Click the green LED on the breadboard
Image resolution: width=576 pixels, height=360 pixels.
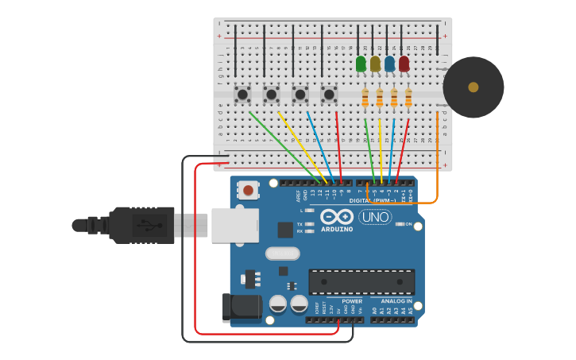(x=361, y=64)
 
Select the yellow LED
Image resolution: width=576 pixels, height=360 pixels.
(x=375, y=64)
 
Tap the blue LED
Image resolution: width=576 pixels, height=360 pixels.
(x=389, y=64)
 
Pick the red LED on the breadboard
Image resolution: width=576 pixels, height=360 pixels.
(x=404, y=64)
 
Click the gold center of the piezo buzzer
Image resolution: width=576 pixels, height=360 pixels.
(x=474, y=87)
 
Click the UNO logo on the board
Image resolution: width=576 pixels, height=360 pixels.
(x=375, y=217)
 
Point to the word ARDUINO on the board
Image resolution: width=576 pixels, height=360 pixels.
(x=337, y=229)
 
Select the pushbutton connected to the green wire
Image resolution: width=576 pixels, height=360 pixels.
(x=243, y=95)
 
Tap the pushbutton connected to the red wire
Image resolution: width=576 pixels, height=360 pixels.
(x=329, y=95)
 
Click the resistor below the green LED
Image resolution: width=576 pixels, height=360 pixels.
(x=365, y=98)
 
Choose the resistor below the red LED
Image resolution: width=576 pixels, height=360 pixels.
(x=408, y=98)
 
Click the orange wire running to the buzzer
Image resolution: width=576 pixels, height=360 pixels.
(x=437, y=159)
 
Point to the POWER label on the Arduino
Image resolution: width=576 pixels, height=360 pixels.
(x=352, y=301)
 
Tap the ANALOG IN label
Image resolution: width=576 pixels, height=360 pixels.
(x=396, y=301)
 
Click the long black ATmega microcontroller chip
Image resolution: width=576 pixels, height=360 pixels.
(x=361, y=282)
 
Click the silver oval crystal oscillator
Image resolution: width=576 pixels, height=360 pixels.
(x=282, y=254)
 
